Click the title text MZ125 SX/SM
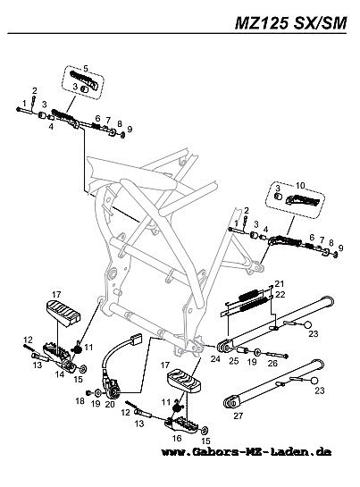(290, 23)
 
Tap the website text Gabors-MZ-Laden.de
(260, 451)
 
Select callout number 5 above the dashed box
(86, 68)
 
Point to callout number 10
(300, 186)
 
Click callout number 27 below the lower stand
(238, 416)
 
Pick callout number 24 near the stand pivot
(215, 358)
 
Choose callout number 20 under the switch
(110, 404)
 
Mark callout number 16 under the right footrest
(177, 438)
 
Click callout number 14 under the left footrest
(60, 374)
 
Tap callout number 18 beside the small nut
(80, 401)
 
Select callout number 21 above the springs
(280, 283)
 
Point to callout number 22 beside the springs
(280, 295)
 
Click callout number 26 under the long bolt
(272, 363)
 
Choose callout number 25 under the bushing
(234, 361)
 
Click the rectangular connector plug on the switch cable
(136, 340)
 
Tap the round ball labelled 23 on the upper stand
(307, 325)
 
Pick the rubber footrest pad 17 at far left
(63, 313)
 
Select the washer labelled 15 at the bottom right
(205, 431)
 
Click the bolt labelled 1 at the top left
(24, 110)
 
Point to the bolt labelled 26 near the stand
(277, 355)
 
